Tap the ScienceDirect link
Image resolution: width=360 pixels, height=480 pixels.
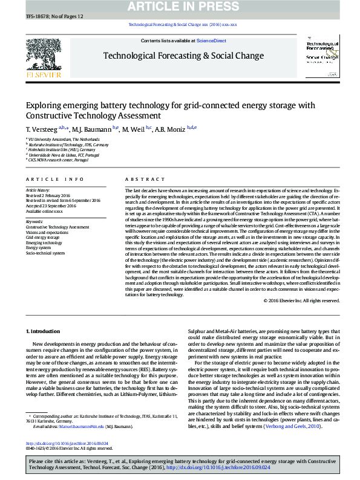coord(211,41)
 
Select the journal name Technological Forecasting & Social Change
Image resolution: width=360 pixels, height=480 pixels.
coord(183,56)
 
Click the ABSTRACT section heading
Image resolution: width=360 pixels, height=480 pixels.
coord(141,180)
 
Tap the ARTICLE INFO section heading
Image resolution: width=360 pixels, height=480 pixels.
coord(55,180)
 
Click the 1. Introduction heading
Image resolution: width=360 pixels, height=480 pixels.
coord(44,331)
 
